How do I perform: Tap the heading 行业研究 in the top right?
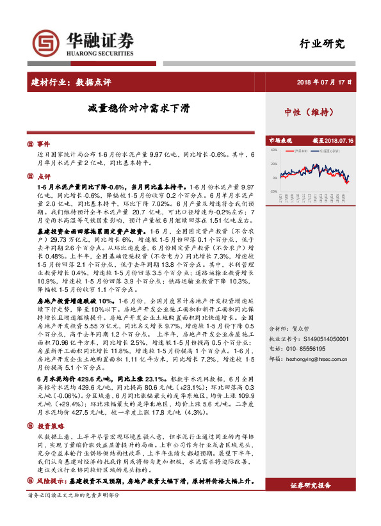point(322,44)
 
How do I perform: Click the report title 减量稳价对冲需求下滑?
point(139,108)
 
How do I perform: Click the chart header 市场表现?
point(280,140)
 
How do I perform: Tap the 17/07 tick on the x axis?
point(281,199)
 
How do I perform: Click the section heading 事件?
point(43,144)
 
